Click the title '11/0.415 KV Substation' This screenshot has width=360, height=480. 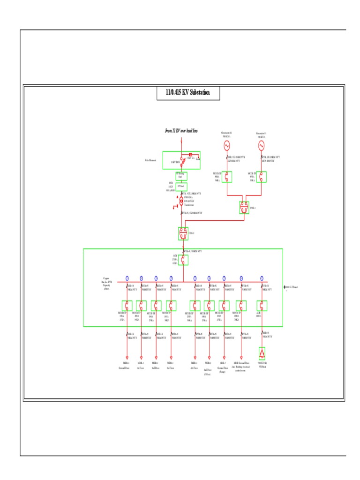coord(187,92)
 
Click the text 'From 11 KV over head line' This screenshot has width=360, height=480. coord(181,131)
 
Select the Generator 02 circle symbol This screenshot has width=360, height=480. coord(227,146)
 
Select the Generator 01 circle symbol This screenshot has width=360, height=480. coord(262,146)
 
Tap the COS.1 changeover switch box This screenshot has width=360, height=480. coord(244,208)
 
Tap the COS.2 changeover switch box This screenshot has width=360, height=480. coord(183,233)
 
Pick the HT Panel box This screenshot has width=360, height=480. coord(181,186)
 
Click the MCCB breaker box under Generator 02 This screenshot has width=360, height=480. coord(227,177)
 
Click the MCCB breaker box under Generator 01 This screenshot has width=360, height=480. coord(262,177)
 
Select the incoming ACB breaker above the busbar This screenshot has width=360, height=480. coord(183,260)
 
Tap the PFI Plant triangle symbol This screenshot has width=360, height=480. coord(262,352)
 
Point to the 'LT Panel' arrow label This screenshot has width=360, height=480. coord(289,287)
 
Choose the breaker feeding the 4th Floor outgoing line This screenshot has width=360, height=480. coord(195,306)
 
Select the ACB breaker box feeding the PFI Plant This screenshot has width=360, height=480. coord(262,306)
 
